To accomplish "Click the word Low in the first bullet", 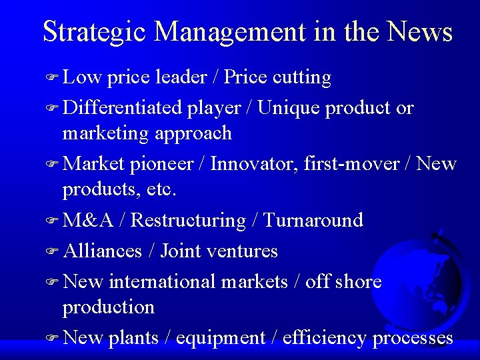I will pos(81,77).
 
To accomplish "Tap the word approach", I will pos(193,133).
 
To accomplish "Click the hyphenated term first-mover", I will pos(350,163).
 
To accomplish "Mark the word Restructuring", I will pos(189,220).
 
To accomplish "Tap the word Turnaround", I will pos(313,220).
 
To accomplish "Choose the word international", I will pos(163,281).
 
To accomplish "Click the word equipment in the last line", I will pos(220,338).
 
